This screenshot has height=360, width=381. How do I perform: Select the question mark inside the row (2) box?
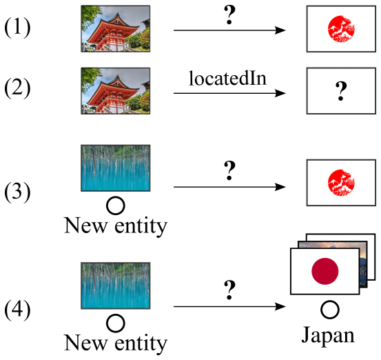point(338,90)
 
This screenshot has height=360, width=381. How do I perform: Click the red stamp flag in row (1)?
point(338,30)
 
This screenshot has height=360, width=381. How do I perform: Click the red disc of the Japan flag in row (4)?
point(325,271)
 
